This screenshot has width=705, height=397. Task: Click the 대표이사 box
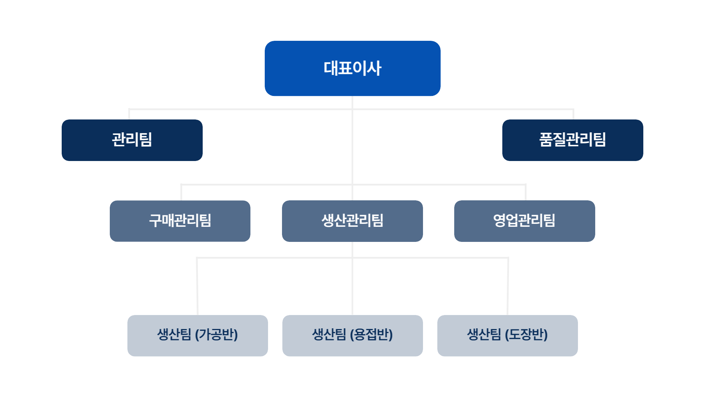pyautogui.click(x=352, y=68)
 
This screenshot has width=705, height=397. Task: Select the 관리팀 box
pyautogui.click(x=132, y=140)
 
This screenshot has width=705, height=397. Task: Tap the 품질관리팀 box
pyautogui.click(x=573, y=140)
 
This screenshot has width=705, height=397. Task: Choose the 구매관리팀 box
pyautogui.click(x=180, y=221)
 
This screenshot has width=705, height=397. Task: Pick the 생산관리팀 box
pyautogui.click(x=352, y=221)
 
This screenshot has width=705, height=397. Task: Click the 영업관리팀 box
pyautogui.click(x=525, y=221)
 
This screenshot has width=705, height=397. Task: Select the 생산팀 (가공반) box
pyautogui.click(x=198, y=336)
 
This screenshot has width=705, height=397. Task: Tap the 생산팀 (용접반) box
pyautogui.click(x=352, y=336)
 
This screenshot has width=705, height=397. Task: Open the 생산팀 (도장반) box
pyautogui.click(x=507, y=336)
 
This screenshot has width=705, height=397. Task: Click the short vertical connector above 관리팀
pyautogui.click(x=129, y=114)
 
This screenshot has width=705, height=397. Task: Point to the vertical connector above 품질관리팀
pyautogui.click(x=573, y=114)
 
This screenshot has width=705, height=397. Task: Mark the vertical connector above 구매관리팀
pyautogui.click(x=181, y=192)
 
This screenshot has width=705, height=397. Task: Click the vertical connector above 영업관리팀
pyautogui.click(x=526, y=192)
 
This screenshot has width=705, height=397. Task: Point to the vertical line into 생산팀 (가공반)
pyautogui.click(x=197, y=286)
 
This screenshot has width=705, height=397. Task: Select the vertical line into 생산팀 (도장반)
pyautogui.click(x=508, y=286)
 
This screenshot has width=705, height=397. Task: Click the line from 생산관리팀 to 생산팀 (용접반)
pyautogui.click(x=352, y=278)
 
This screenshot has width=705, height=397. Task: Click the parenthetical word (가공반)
pyautogui.click(x=216, y=335)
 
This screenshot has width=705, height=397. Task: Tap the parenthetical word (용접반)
pyautogui.click(x=371, y=335)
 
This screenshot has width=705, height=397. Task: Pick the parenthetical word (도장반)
pyautogui.click(x=526, y=335)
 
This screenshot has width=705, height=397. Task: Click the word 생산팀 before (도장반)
pyautogui.click(x=484, y=335)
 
